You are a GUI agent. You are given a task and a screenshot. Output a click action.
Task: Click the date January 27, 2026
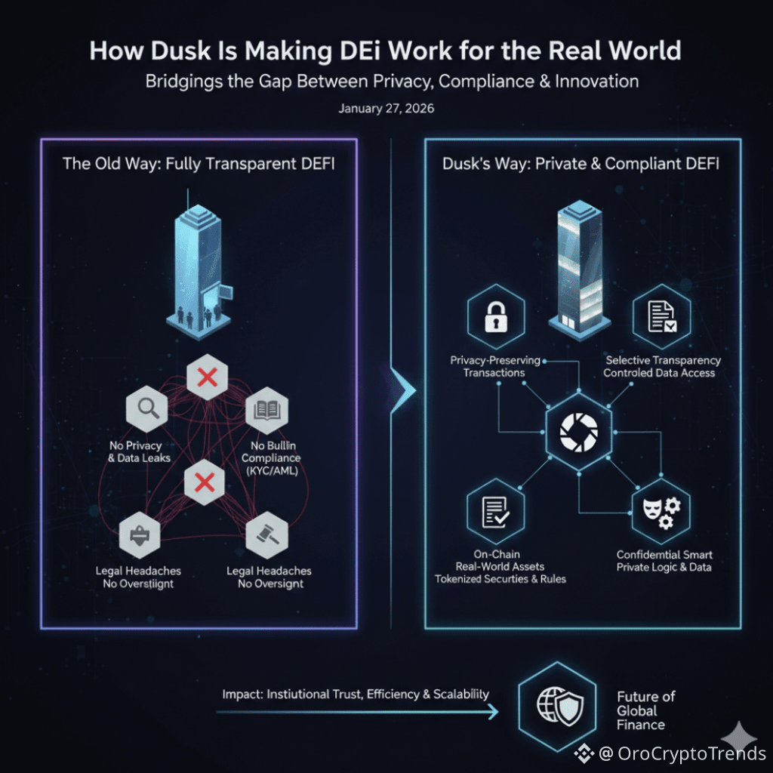point(386,109)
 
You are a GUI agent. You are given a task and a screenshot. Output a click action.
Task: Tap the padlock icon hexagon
point(495,317)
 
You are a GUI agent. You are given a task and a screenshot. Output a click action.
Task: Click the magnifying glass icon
point(146,408)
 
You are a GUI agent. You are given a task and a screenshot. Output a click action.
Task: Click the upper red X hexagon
point(207,375)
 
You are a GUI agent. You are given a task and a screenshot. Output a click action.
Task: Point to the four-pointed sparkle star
point(740,736)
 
